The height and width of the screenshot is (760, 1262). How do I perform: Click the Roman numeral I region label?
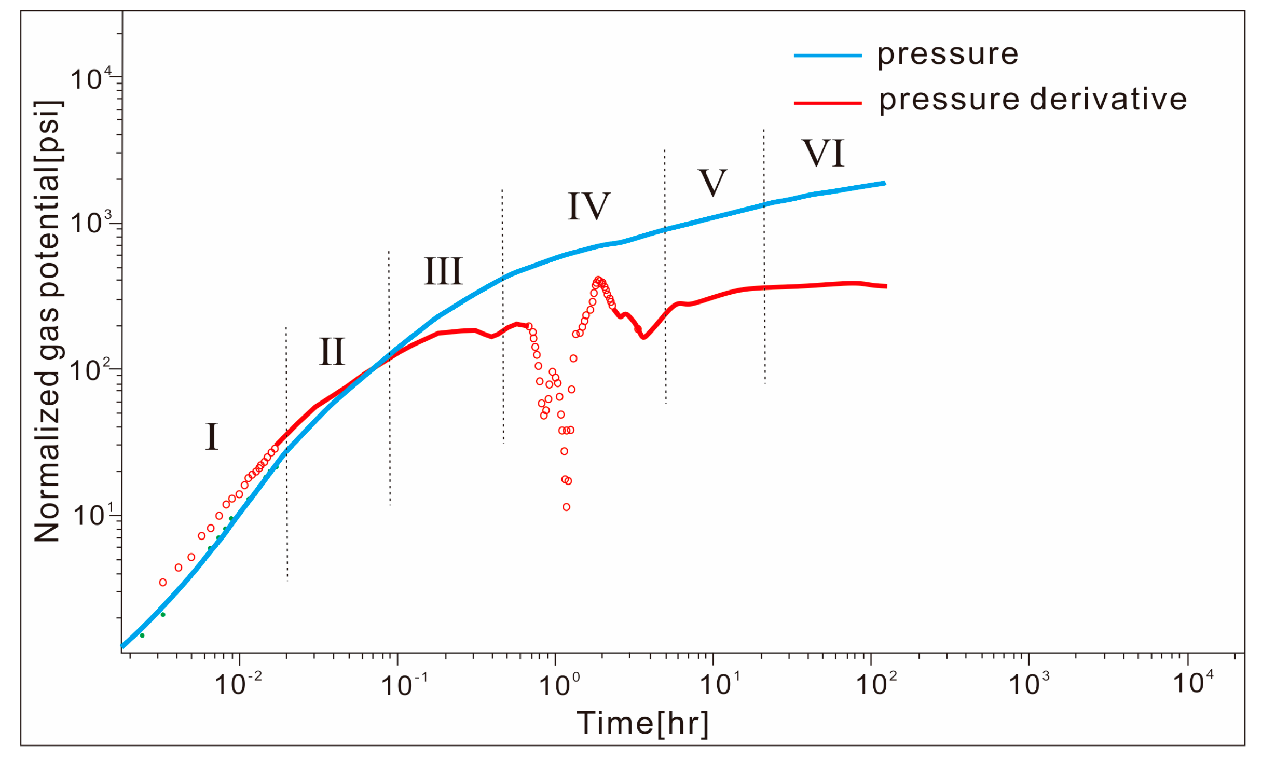(x=212, y=437)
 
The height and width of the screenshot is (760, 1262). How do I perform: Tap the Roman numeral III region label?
(x=443, y=271)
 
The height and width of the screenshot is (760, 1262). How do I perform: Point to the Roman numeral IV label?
(x=588, y=206)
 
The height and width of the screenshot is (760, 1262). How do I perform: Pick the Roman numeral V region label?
(x=712, y=183)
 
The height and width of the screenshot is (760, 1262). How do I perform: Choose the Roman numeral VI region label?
(x=824, y=154)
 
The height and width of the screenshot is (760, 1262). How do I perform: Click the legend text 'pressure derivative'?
(x=1033, y=100)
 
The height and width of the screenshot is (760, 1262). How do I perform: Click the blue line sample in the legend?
(x=828, y=56)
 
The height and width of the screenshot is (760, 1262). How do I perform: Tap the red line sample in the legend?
(x=828, y=103)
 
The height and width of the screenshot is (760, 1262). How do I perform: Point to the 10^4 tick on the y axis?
(x=91, y=79)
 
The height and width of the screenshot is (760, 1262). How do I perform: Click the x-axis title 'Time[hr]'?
(x=642, y=723)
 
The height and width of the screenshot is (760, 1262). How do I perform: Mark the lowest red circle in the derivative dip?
(x=566, y=507)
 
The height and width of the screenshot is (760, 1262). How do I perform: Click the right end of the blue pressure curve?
(x=885, y=184)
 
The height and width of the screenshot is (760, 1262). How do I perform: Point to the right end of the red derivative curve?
(x=885, y=286)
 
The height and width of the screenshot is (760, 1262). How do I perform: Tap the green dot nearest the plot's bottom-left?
(x=142, y=635)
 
